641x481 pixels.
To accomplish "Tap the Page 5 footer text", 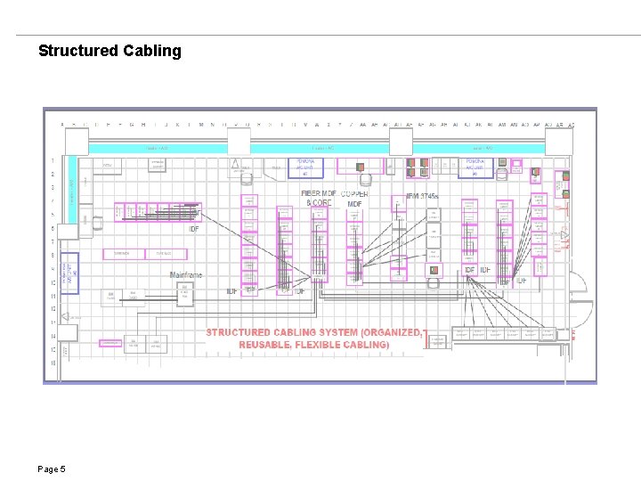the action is (x=52, y=469).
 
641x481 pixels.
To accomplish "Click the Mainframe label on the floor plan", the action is (x=186, y=274).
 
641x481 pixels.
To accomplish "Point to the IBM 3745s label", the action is (x=424, y=196).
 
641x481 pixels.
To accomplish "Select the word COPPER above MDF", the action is (x=353, y=193).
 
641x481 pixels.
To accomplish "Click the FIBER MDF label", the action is (x=319, y=193).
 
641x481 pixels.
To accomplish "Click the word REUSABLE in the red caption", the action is (x=264, y=344).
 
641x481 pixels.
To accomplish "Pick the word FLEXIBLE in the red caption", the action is (x=324, y=344).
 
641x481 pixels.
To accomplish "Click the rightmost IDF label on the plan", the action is (x=521, y=281).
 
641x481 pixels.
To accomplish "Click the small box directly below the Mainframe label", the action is (x=185, y=295).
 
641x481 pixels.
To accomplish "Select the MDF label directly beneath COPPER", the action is (x=354, y=204).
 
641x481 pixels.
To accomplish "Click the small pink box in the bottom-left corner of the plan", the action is (x=110, y=343).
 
